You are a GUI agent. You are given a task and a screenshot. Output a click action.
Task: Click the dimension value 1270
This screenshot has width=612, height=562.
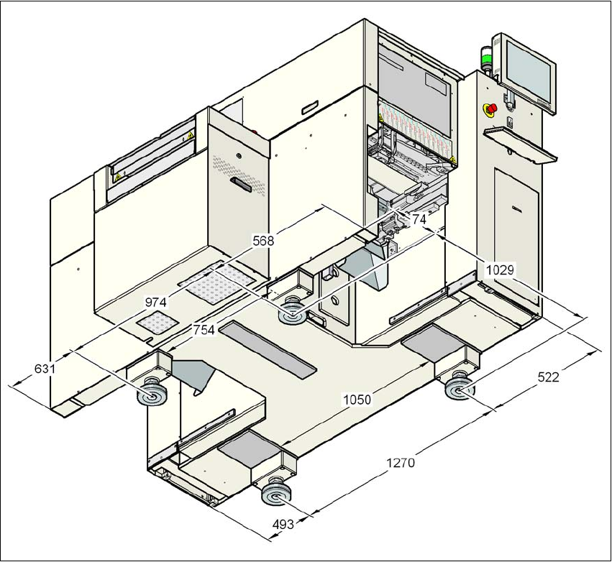(x=400, y=463)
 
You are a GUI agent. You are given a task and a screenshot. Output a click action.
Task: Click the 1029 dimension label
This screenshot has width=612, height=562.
(x=500, y=270)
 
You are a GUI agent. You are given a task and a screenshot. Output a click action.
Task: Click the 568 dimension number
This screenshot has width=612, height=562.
(x=262, y=241)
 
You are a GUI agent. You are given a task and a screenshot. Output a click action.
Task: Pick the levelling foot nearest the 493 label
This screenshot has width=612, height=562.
(x=275, y=494)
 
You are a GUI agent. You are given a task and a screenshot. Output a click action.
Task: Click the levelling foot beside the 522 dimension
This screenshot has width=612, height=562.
(x=458, y=390)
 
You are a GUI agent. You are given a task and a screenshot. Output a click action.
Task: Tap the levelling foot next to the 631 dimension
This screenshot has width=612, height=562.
(x=150, y=395)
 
